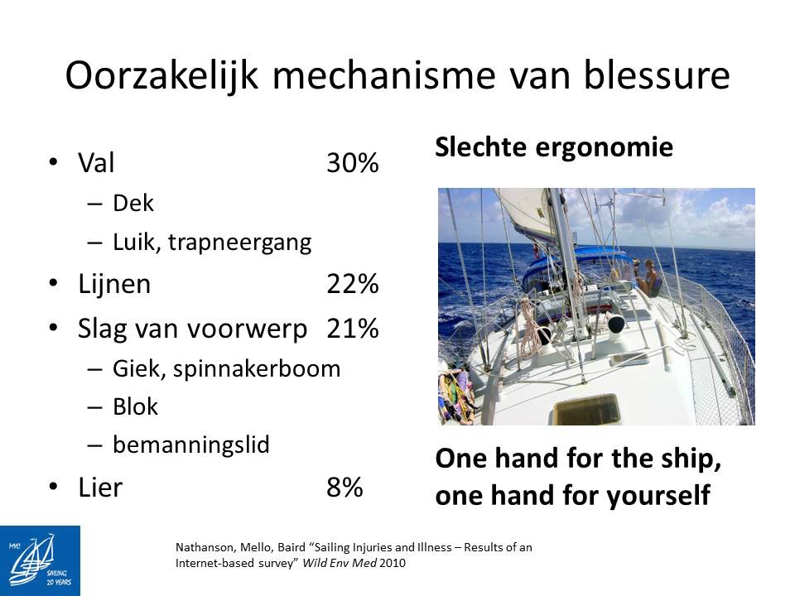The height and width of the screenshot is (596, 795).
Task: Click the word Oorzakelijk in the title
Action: [x=162, y=76]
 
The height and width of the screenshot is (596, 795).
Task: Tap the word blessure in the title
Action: [x=657, y=75]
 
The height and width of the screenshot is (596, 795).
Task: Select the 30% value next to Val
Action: [x=353, y=163]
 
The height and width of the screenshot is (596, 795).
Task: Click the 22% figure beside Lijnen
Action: [x=353, y=284]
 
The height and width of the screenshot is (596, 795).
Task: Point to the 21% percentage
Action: [x=353, y=329]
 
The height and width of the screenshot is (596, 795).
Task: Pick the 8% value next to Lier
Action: [x=344, y=488]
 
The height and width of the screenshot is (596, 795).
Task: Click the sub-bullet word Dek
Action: [x=132, y=204]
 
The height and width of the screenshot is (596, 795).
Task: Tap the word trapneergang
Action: [x=240, y=243]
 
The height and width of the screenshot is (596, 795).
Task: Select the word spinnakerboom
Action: [x=257, y=369]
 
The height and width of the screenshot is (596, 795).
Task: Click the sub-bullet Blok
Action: [x=135, y=406]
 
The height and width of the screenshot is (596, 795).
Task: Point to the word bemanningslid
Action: [x=191, y=445]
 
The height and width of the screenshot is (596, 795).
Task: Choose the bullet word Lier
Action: [x=100, y=488]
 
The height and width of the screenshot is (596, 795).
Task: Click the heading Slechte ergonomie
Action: [x=554, y=147]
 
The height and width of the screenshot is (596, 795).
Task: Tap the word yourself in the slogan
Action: [x=658, y=496]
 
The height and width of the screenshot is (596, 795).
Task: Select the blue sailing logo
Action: [x=40, y=560]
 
